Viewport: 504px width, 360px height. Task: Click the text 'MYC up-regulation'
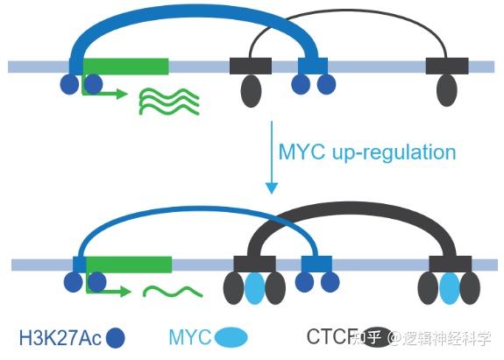(x=367, y=152)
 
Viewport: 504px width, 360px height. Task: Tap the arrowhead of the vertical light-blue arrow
(x=272, y=188)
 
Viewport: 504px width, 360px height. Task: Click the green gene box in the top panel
(x=125, y=67)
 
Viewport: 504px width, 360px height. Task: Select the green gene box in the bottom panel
(x=129, y=265)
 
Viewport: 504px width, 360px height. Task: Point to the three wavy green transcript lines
(x=169, y=101)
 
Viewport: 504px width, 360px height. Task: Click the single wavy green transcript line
(x=173, y=292)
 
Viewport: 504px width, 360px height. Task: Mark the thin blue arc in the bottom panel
(x=196, y=208)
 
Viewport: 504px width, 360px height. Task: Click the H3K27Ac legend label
(x=60, y=337)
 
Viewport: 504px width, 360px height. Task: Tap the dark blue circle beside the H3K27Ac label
(x=116, y=338)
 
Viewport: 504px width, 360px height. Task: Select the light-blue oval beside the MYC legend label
(x=231, y=337)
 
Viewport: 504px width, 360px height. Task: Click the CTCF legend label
(x=332, y=336)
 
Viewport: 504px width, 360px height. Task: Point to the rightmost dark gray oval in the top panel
(x=447, y=90)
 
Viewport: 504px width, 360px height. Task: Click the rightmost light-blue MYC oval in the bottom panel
(x=450, y=288)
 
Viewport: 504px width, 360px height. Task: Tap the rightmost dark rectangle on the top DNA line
(x=447, y=67)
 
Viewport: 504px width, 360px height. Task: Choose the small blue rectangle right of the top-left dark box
(x=313, y=67)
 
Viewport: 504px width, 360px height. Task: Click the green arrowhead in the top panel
(x=122, y=94)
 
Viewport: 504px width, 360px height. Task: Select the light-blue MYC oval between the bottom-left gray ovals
(x=255, y=288)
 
